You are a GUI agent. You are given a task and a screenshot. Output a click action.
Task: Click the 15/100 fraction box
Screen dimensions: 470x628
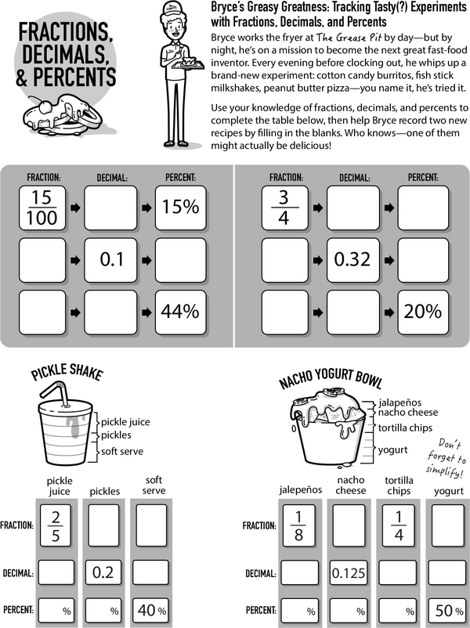(x=42, y=208)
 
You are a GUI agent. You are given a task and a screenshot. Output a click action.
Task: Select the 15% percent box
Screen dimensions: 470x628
(x=181, y=208)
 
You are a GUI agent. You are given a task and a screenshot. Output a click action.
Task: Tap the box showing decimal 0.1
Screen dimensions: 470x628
(x=110, y=260)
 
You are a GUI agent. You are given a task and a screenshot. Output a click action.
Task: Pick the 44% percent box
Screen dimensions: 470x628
(x=181, y=312)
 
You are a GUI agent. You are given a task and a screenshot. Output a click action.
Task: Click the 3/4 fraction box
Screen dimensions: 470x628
(x=285, y=208)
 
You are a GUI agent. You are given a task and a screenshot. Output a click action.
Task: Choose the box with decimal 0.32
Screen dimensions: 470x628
(x=353, y=260)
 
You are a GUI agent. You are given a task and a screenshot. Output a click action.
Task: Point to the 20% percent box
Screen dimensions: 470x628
(x=423, y=312)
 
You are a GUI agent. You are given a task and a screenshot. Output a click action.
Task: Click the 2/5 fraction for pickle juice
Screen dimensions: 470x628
(x=56, y=525)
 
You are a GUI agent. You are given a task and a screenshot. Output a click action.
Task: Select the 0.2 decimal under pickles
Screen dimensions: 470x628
(x=103, y=572)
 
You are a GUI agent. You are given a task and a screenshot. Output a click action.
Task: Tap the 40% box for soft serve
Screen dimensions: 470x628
(x=151, y=610)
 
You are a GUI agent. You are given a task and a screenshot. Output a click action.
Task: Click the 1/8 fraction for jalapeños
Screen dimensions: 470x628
(x=298, y=525)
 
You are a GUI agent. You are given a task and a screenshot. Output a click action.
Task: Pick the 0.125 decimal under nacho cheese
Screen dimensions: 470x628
(x=349, y=572)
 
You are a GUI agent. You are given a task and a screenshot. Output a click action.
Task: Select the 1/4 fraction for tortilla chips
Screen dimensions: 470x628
(x=399, y=525)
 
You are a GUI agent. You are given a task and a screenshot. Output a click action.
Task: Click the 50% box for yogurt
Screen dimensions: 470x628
(x=449, y=610)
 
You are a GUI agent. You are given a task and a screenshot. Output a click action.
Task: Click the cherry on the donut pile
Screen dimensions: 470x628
(x=45, y=106)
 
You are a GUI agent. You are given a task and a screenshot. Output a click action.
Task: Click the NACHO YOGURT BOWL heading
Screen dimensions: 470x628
(x=331, y=378)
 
